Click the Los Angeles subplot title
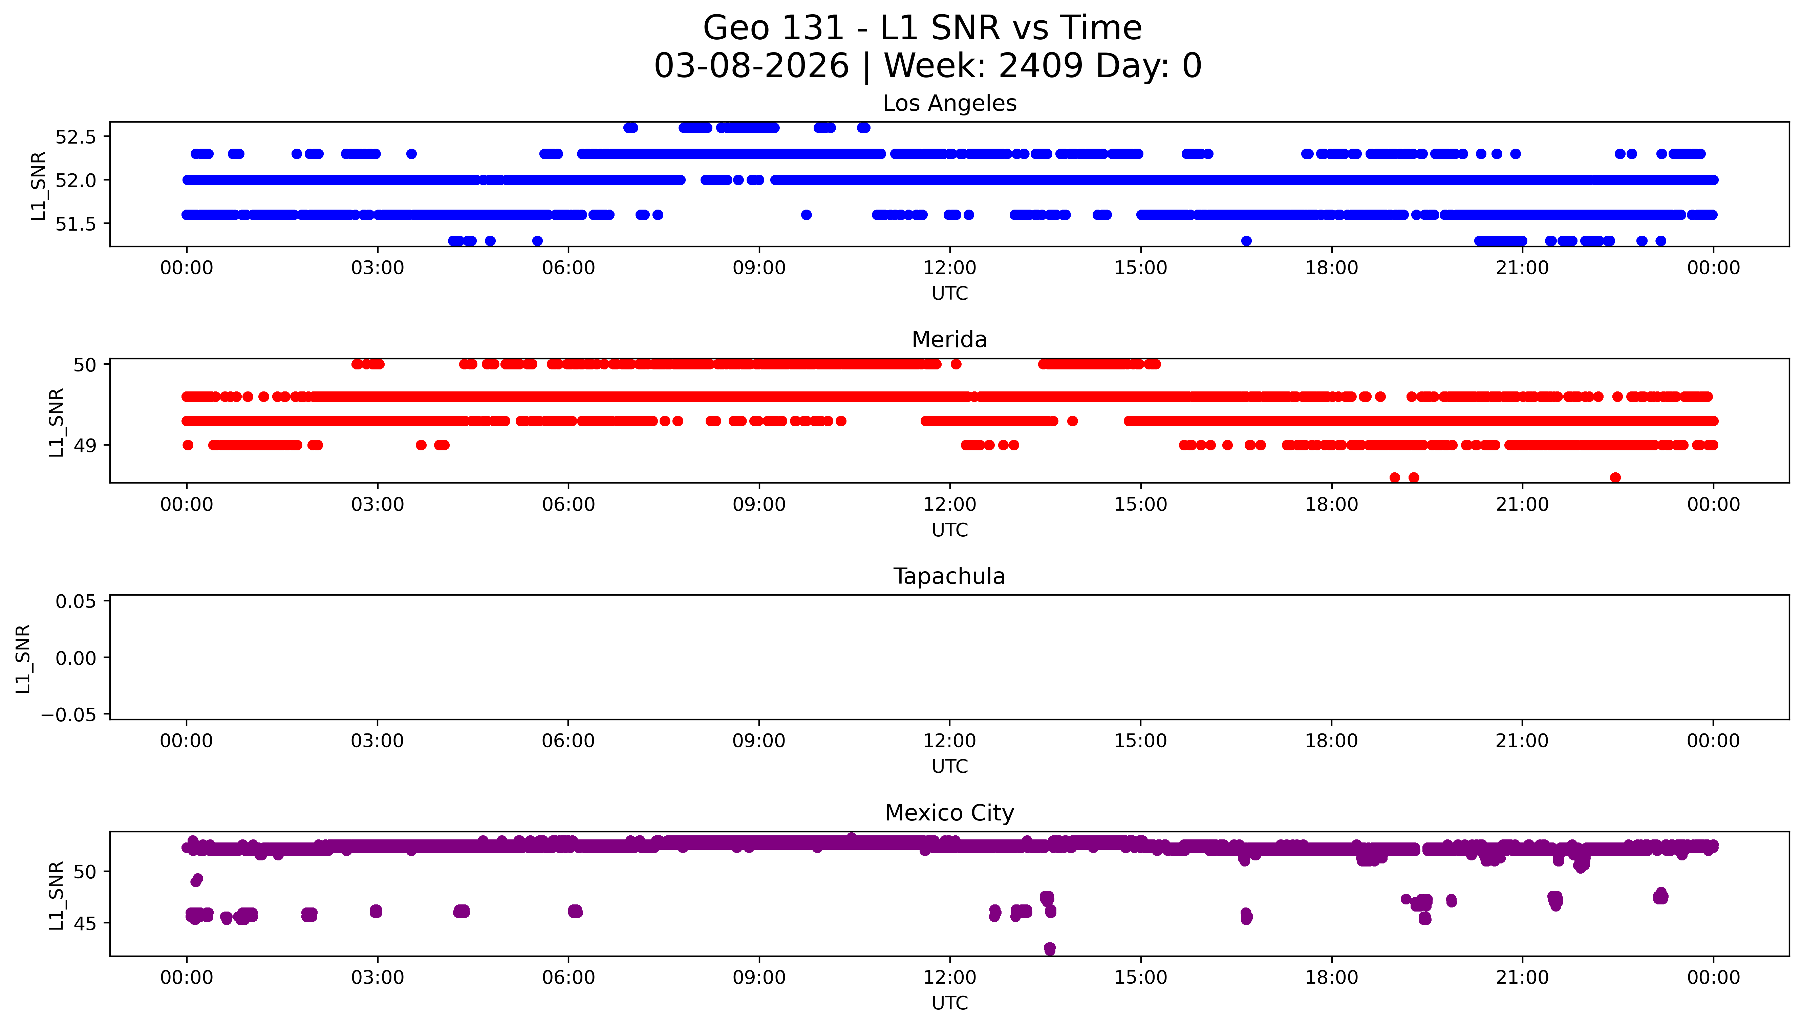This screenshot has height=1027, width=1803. [x=949, y=104]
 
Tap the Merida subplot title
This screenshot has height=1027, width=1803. [x=949, y=340]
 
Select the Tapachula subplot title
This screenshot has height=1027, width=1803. [x=949, y=576]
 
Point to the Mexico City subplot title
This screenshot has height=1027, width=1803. [x=949, y=813]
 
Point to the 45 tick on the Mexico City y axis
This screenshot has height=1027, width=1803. [x=85, y=923]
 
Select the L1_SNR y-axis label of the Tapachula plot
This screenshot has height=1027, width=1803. [x=23, y=658]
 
